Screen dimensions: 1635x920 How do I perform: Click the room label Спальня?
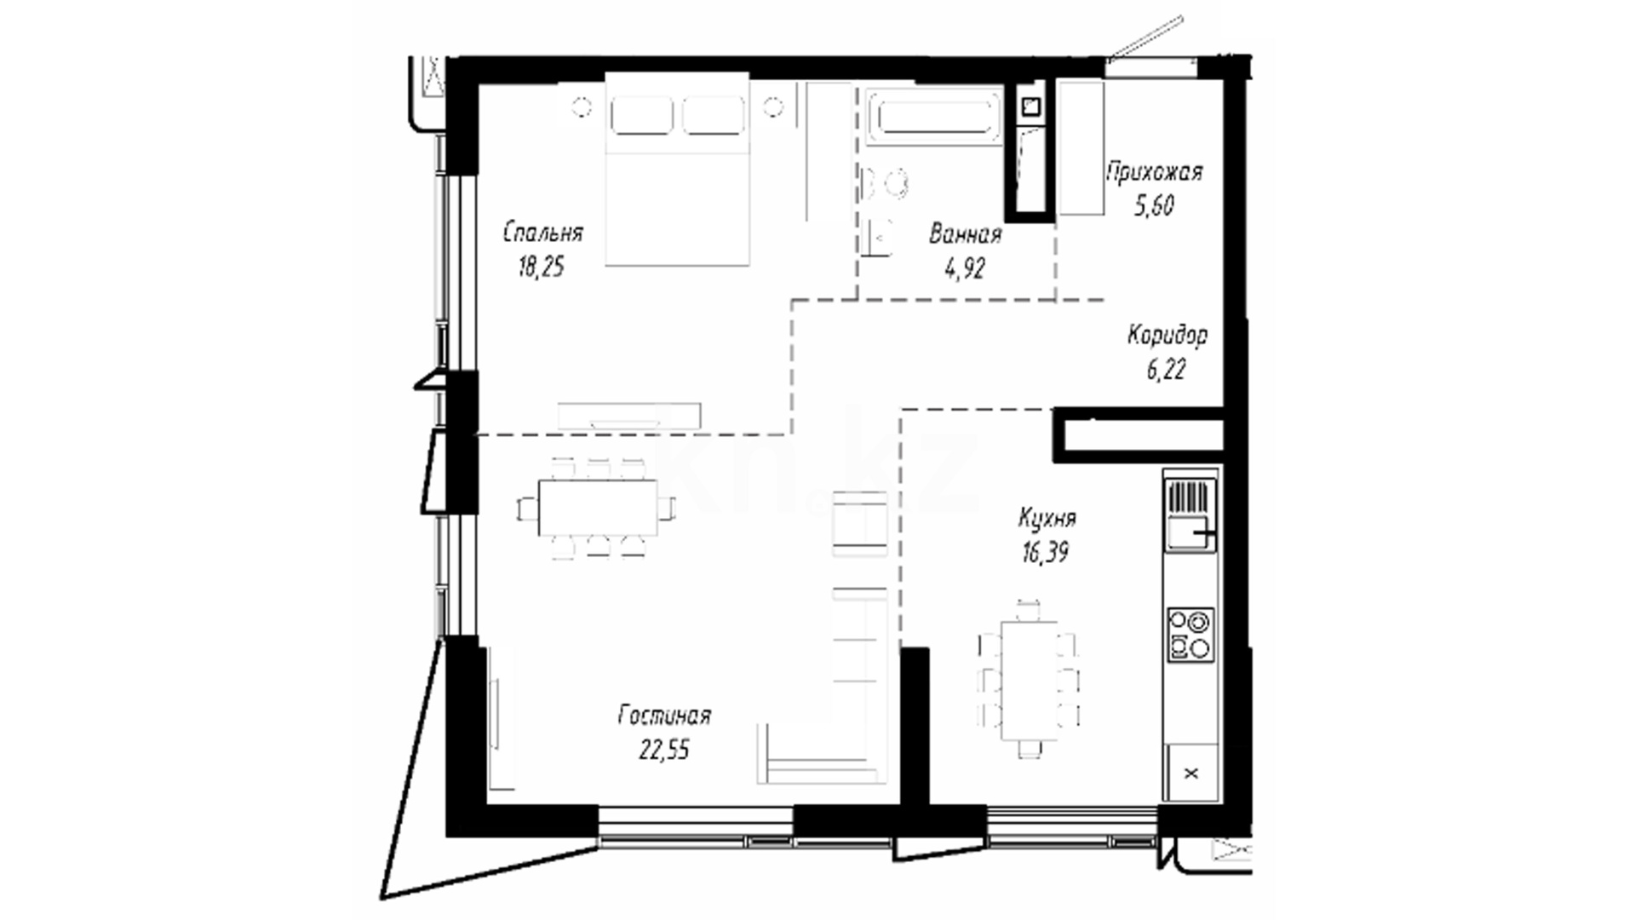click(x=542, y=233)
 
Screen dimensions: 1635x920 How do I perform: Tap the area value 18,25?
click(x=541, y=267)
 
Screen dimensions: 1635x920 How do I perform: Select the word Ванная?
click(x=965, y=234)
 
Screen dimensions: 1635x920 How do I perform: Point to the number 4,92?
click(x=964, y=269)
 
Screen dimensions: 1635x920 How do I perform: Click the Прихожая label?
click(x=1154, y=172)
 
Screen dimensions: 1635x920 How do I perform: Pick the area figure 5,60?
click(x=1154, y=206)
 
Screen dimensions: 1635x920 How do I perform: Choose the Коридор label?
click(x=1167, y=336)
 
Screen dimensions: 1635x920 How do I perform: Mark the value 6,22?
click(x=1166, y=370)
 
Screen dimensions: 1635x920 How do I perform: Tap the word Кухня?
click(x=1047, y=518)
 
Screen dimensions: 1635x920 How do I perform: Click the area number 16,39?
click(x=1046, y=553)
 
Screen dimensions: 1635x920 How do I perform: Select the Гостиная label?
click(x=664, y=716)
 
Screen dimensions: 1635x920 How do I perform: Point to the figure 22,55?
click(x=664, y=750)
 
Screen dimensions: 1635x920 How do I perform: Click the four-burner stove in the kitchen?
click(x=1190, y=634)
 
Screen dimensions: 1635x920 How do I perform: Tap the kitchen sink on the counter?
click(x=1190, y=515)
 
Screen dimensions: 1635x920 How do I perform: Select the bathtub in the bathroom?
click(x=934, y=117)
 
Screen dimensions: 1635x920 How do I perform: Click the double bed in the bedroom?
click(x=677, y=169)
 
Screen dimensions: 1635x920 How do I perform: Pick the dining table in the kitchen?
click(x=1029, y=681)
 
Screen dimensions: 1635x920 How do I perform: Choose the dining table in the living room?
click(x=598, y=508)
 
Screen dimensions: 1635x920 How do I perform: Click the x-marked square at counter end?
click(x=1191, y=773)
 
